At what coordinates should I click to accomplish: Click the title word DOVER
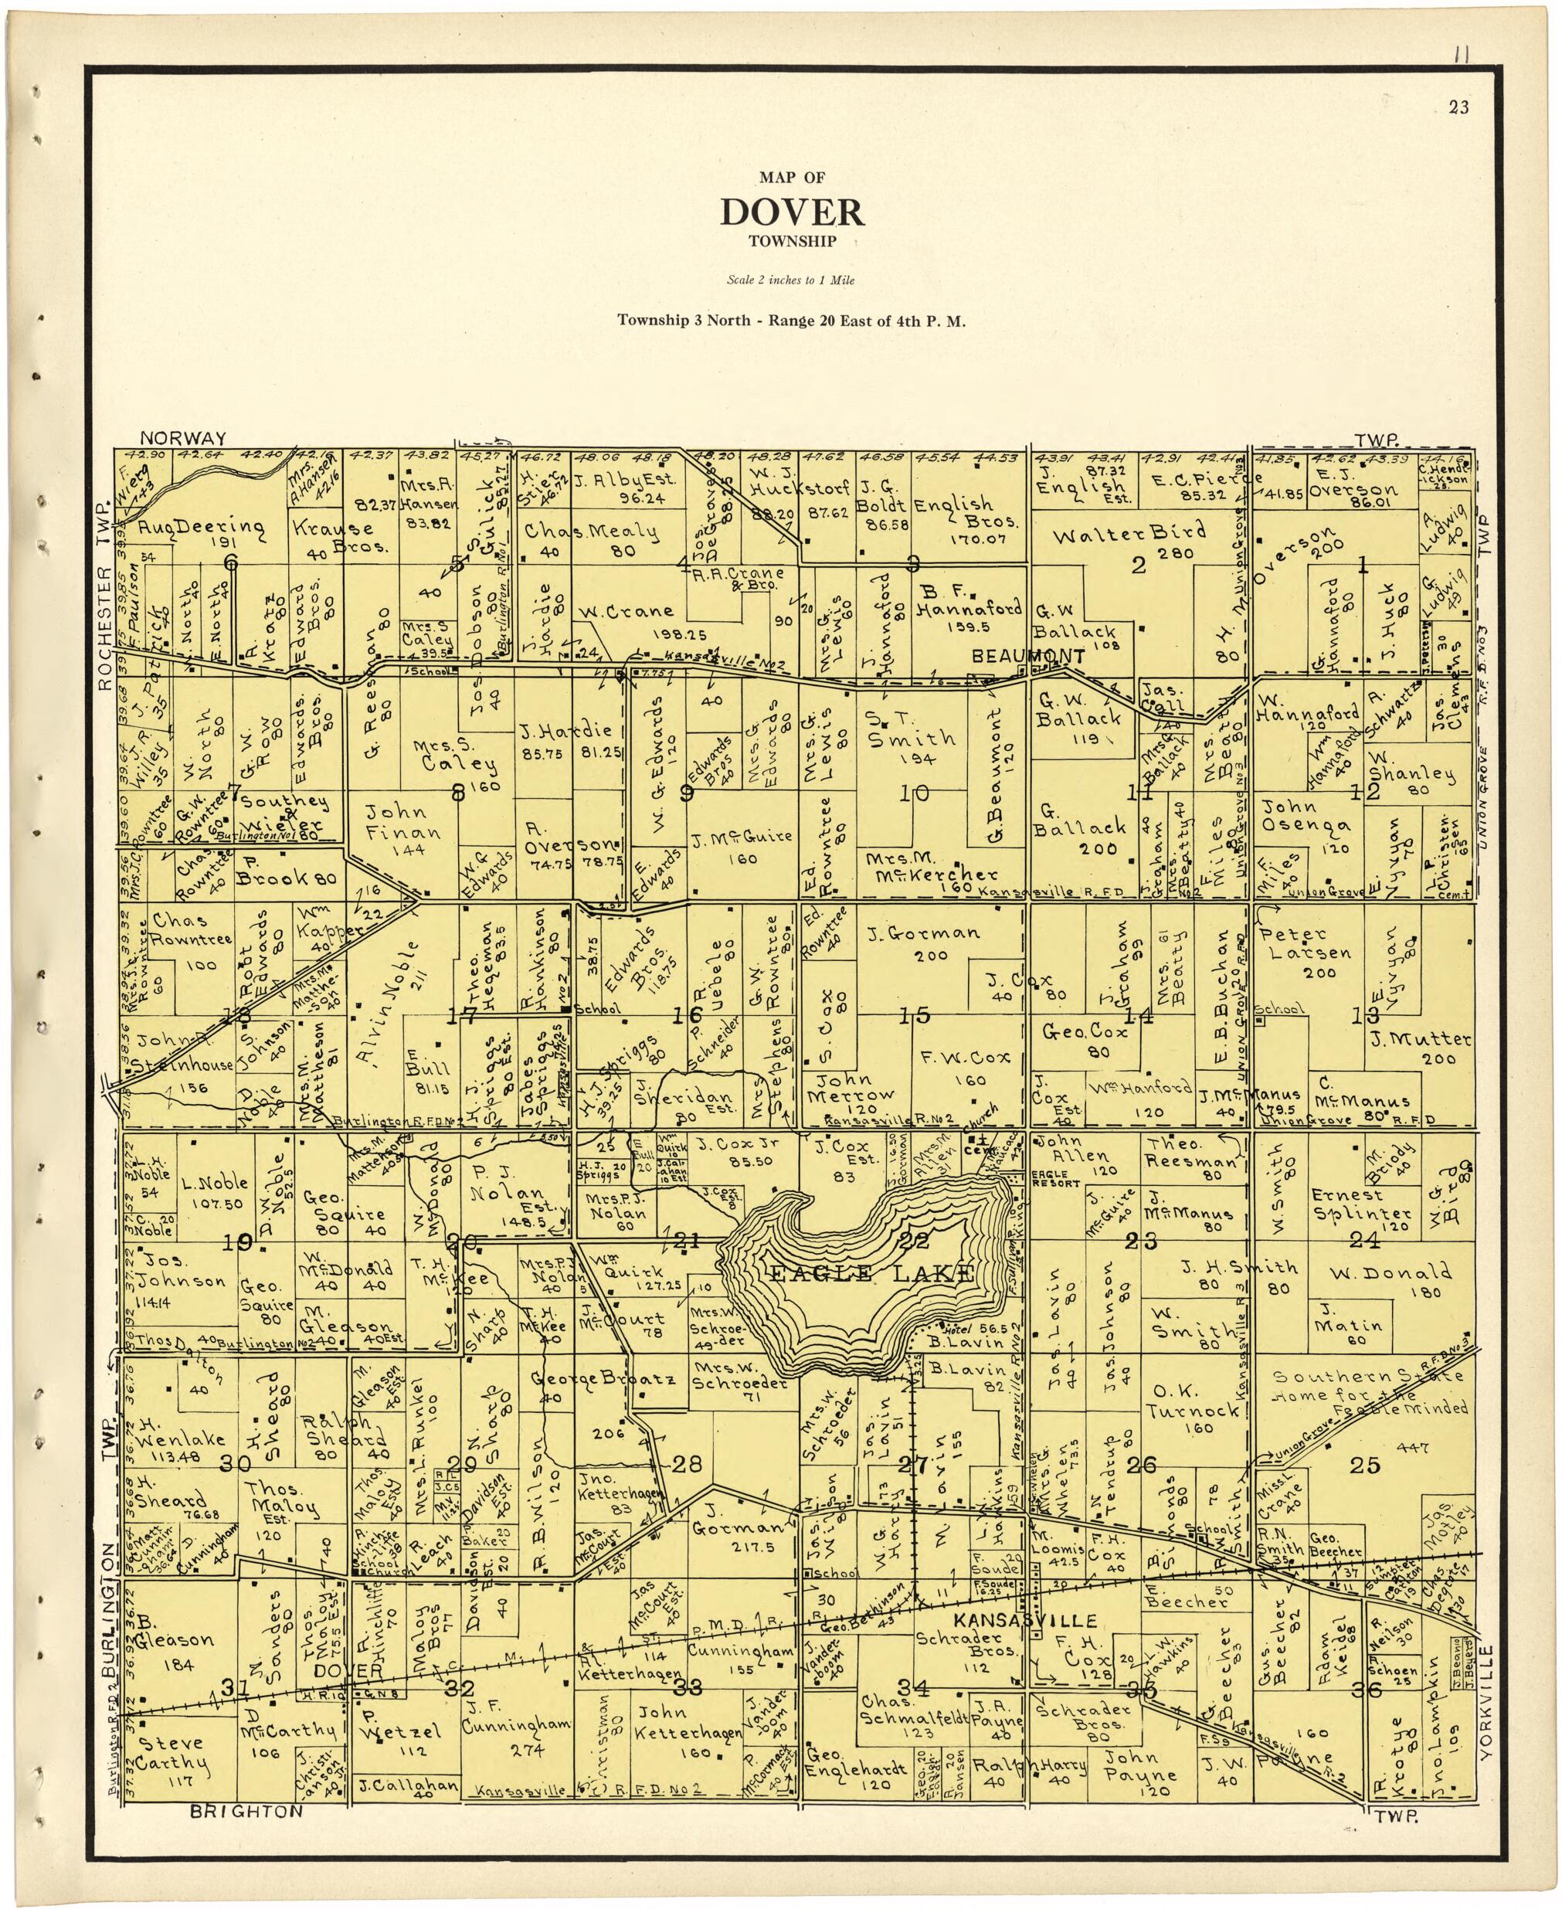(x=792, y=212)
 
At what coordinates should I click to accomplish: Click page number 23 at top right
(x=1458, y=108)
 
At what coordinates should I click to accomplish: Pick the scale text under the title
(x=790, y=280)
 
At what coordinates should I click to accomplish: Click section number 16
(x=687, y=1016)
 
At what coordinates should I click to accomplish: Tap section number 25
(x=1364, y=1465)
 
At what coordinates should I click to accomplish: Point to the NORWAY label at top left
(x=182, y=438)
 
